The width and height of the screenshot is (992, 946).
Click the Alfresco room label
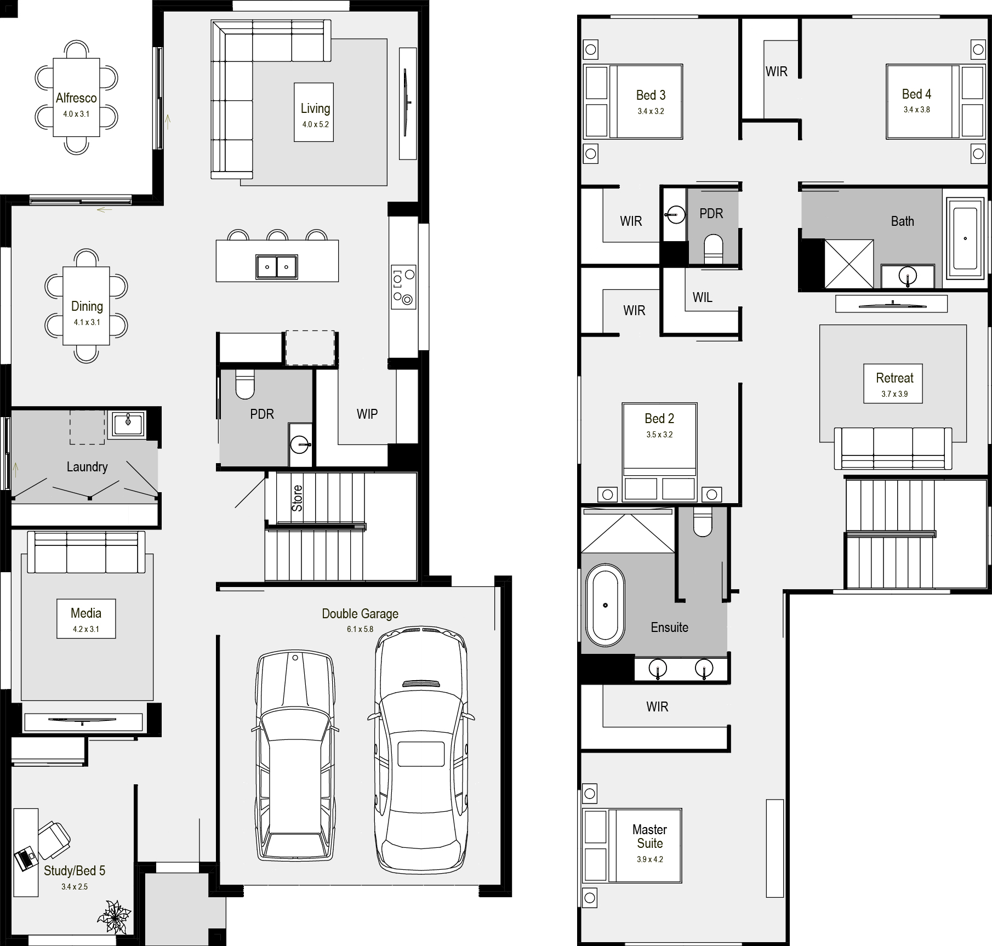pyautogui.click(x=76, y=98)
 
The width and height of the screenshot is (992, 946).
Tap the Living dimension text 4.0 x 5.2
pyautogui.click(x=315, y=124)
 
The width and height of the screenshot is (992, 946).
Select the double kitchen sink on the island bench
pyautogui.click(x=277, y=267)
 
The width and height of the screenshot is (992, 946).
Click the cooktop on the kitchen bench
pyautogui.click(x=403, y=286)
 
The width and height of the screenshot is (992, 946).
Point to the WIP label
pyautogui.click(x=367, y=414)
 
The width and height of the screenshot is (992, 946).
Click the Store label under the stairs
pyautogui.click(x=297, y=498)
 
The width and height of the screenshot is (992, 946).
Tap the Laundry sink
pyautogui.click(x=128, y=424)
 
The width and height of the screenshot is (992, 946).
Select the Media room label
pyautogui.click(x=86, y=613)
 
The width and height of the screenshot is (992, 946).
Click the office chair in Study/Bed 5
pyautogui.click(x=54, y=840)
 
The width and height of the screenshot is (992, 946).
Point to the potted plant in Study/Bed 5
pyautogui.click(x=114, y=916)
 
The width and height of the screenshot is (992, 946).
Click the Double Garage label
pyautogui.click(x=360, y=614)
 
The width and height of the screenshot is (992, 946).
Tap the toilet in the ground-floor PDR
pyautogui.click(x=245, y=384)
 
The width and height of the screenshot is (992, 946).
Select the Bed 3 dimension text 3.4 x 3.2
pyautogui.click(x=651, y=111)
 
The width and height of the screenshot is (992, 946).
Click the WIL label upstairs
pyautogui.click(x=702, y=298)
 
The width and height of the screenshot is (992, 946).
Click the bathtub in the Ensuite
pyautogui.click(x=605, y=605)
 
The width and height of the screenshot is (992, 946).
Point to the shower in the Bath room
pyautogui.click(x=849, y=264)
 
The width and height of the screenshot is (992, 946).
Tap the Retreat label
pyautogui.click(x=894, y=378)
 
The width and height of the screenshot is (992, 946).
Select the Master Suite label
pyautogui.click(x=650, y=836)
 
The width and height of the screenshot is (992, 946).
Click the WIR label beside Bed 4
pyautogui.click(x=777, y=72)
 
